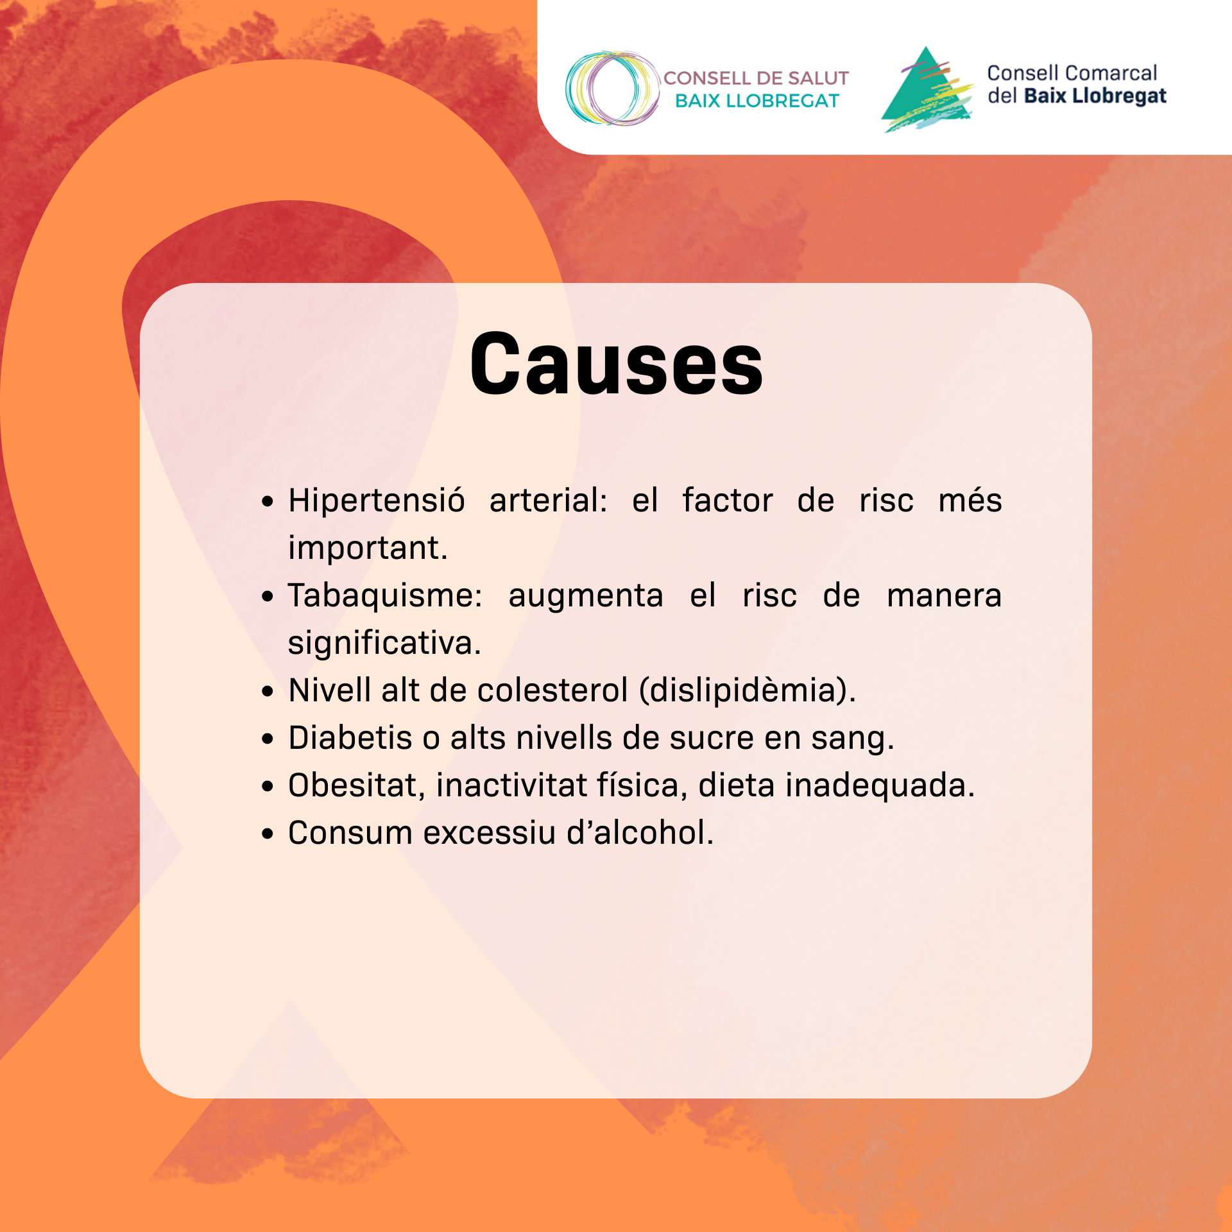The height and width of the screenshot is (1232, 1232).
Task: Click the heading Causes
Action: coord(616,364)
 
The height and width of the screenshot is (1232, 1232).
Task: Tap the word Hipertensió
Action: coord(377,500)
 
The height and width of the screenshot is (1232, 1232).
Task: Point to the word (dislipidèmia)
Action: coord(748,691)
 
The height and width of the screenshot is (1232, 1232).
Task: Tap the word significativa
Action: coord(384,644)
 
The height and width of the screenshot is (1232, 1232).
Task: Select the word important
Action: coord(368,548)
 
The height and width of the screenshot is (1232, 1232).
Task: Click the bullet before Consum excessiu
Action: coord(268,834)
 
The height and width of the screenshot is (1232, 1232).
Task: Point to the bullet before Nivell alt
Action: coord(268,692)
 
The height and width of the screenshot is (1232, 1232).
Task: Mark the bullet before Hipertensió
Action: coord(268,502)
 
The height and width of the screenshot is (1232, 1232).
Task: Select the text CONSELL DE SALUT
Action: coord(756,78)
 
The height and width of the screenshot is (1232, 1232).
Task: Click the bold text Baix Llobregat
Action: coord(1095,96)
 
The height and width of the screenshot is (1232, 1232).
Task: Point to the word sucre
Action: coord(712,738)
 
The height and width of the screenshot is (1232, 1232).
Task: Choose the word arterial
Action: coord(549,500)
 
